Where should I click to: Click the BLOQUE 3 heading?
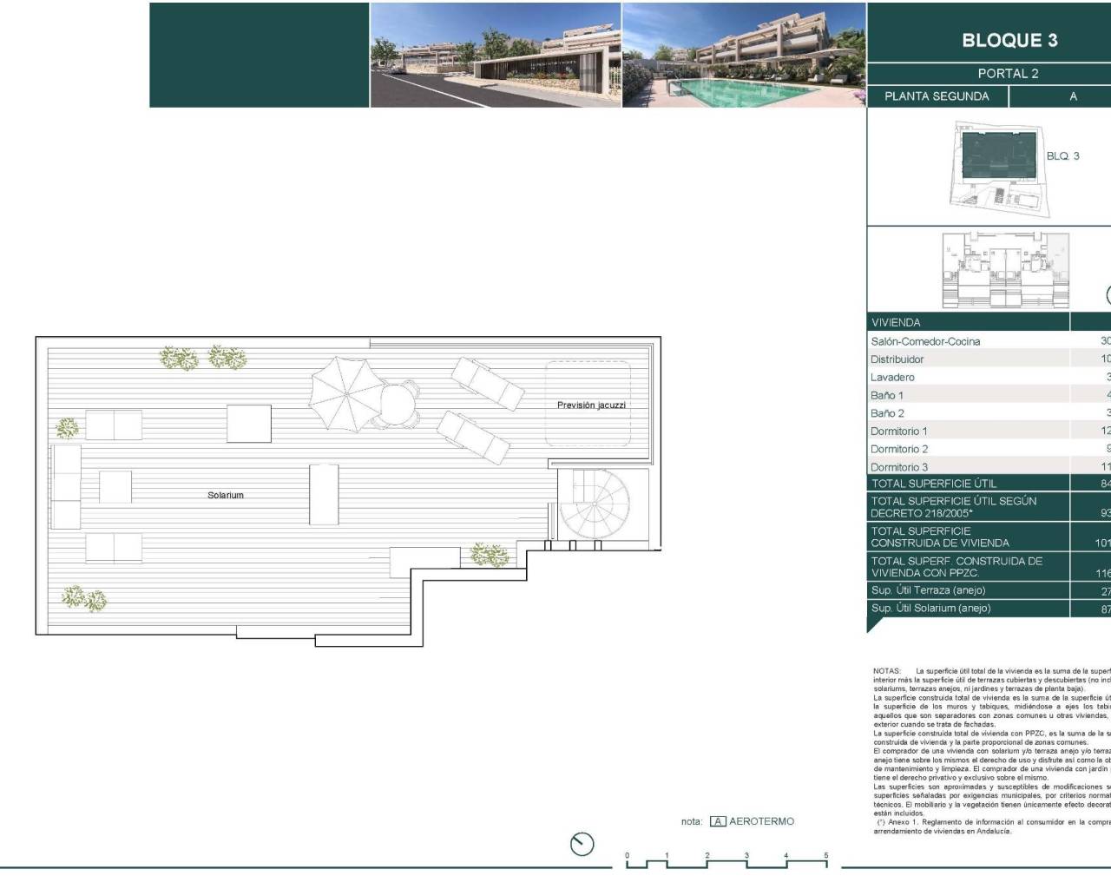(x=1009, y=40)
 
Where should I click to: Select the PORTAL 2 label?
(x=1008, y=74)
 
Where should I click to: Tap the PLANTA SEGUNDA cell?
(x=937, y=96)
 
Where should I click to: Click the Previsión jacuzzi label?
(x=591, y=405)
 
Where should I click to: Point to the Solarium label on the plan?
(x=226, y=495)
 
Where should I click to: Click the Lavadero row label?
(x=892, y=378)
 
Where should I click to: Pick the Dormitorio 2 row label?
(x=899, y=449)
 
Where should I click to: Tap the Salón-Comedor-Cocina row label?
(x=925, y=341)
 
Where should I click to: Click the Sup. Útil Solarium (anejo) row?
(x=930, y=608)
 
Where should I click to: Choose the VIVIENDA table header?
(x=896, y=322)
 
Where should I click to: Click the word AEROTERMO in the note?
(x=761, y=821)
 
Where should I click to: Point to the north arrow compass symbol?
(x=582, y=843)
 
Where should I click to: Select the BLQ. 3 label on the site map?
(x=1062, y=156)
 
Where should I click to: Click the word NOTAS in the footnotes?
(x=887, y=671)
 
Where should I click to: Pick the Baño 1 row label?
(x=887, y=395)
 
